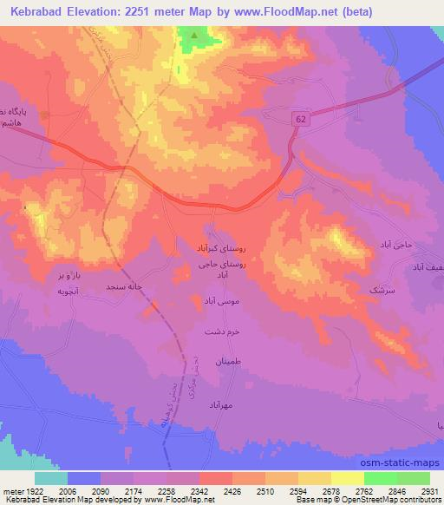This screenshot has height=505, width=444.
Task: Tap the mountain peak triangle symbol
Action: [194, 36]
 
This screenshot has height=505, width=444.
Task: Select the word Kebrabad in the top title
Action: [35, 10]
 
